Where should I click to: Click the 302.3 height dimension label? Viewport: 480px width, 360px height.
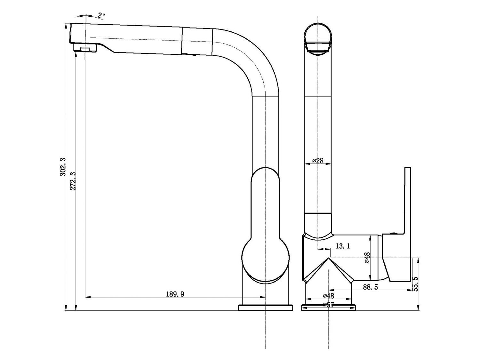(x=63, y=166)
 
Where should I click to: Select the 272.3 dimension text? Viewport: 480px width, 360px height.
(x=73, y=181)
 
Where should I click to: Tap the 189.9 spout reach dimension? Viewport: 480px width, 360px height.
(x=175, y=294)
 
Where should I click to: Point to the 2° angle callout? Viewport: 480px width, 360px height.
(x=101, y=15)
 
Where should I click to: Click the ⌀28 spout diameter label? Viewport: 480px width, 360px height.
(x=318, y=161)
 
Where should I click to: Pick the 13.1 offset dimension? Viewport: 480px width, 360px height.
(x=343, y=246)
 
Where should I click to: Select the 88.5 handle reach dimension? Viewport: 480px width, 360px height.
(x=370, y=287)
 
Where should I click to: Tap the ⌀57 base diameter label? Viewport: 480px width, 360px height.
(x=328, y=305)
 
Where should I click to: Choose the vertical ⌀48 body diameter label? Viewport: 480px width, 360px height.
(x=367, y=258)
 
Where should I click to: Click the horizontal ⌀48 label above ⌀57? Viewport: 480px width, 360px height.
(x=328, y=296)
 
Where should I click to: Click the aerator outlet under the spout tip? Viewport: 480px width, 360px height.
(x=85, y=49)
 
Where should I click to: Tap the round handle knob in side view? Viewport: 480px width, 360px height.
(x=265, y=259)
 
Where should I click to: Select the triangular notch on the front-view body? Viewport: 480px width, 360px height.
(x=329, y=270)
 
